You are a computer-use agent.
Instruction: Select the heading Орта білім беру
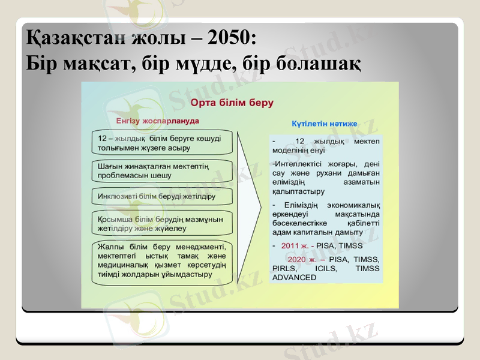[232, 103]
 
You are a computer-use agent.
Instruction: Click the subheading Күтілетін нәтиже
[325, 123]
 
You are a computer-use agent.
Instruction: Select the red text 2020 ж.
[302, 259]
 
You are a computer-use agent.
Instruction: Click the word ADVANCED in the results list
[294, 277]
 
